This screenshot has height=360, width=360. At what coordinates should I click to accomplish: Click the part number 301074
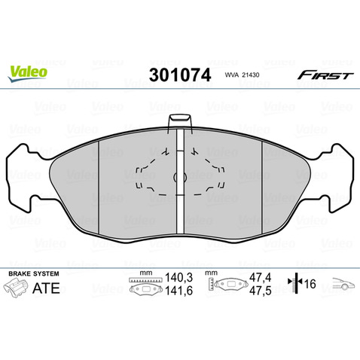180,75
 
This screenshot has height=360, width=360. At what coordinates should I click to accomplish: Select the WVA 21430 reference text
242,75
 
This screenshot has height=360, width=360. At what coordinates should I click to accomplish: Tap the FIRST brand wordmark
325,75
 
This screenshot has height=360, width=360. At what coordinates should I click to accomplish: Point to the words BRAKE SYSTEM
34,273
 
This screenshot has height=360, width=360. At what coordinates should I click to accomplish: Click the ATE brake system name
46,288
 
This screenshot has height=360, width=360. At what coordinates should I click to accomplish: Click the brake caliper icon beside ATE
15,288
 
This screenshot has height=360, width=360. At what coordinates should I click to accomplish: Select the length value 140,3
178,278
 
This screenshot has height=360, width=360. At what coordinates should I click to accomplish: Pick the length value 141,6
178,291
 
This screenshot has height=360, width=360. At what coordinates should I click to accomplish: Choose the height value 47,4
261,278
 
